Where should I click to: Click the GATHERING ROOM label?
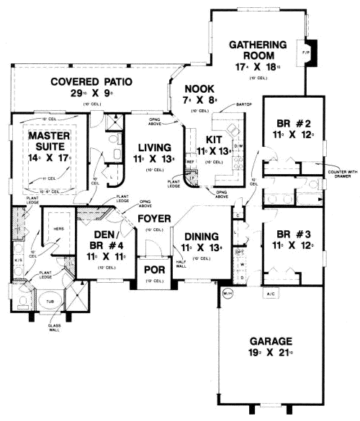(x=258, y=51)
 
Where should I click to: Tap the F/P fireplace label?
(x=305, y=53)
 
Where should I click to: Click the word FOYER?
(x=153, y=217)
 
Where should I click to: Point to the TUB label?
(x=49, y=303)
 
